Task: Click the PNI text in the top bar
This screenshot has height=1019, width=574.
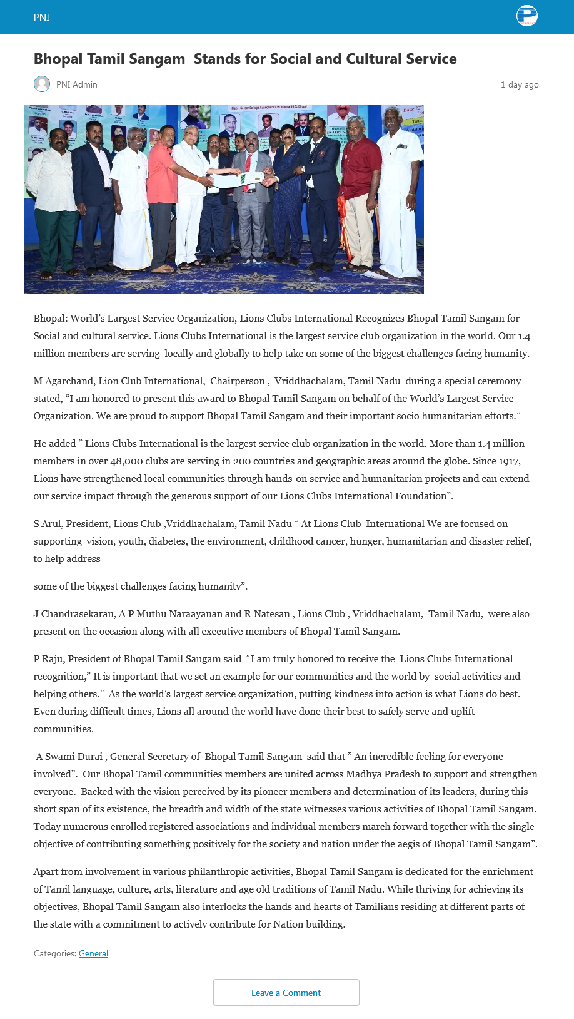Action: click(41, 18)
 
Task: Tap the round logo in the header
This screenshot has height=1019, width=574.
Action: click(527, 16)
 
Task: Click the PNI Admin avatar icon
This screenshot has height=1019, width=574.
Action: click(42, 84)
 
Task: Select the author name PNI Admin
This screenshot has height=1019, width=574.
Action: click(76, 84)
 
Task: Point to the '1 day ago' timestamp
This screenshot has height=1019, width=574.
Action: click(519, 84)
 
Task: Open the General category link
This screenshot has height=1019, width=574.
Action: click(93, 953)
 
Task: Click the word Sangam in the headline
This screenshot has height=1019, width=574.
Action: click(159, 59)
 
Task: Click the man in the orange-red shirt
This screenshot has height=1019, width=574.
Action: click(163, 188)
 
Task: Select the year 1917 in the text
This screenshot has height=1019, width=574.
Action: click(508, 461)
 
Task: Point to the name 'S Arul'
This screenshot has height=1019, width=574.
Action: click(47, 523)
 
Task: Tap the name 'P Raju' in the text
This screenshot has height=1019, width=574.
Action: click(48, 658)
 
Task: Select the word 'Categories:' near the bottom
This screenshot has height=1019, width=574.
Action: click(55, 953)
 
